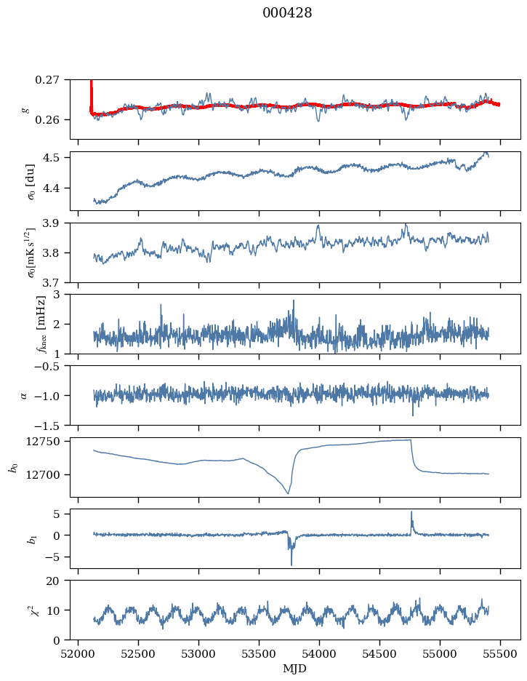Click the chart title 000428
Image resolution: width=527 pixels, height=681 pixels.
287,13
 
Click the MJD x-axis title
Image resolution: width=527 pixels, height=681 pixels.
295,669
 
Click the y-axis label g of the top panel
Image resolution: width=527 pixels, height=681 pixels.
26,109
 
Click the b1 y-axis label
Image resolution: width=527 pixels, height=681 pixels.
12,538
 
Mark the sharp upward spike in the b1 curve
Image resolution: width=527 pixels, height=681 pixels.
411,512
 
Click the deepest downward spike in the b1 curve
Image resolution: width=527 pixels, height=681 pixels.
291,564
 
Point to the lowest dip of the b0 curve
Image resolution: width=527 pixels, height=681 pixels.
288,494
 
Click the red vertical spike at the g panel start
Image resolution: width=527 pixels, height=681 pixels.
91,91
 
